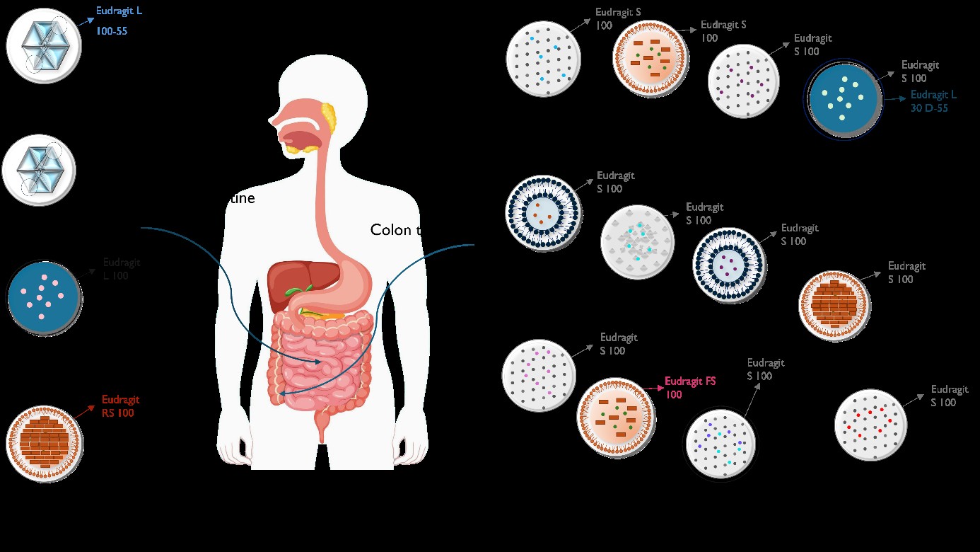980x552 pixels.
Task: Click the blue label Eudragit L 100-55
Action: pyautogui.click(x=119, y=21)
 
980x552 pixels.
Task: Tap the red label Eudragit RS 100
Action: pyautogui.click(x=120, y=406)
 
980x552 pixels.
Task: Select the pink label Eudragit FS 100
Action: pyautogui.click(x=690, y=387)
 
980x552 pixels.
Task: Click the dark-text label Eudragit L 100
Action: pyautogui.click(x=122, y=269)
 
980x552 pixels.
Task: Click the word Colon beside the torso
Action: pyautogui.click(x=390, y=230)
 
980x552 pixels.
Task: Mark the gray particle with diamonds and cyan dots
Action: pyautogui.click(x=637, y=242)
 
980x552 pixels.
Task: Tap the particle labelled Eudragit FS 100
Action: pyautogui.click(x=614, y=416)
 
